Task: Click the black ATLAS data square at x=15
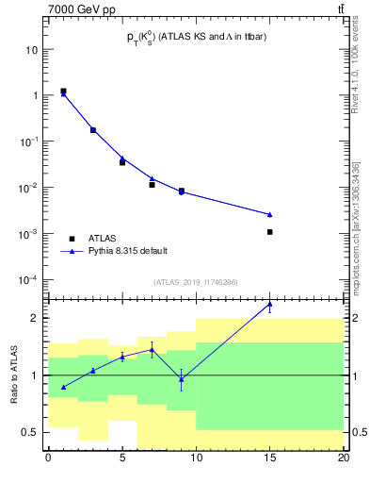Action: pyautogui.click(x=270, y=231)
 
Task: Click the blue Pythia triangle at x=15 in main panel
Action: pyautogui.click(x=270, y=214)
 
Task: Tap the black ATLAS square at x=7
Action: pyautogui.click(x=152, y=185)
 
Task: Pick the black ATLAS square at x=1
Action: pyautogui.click(x=63, y=92)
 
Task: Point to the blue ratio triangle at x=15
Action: pyautogui.click(x=270, y=305)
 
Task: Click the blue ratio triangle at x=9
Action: pyautogui.click(x=182, y=378)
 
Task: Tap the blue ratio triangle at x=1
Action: pyautogui.click(x=63, y=387)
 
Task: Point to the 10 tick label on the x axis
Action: pyautogui.click(x=196, y=457)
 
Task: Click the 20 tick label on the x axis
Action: pyautogui.click(x=344, y=457)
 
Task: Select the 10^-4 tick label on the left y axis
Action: pyautogui.click(x=28, y=280)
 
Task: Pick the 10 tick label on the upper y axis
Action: pyautogui.click(x=32, y=49)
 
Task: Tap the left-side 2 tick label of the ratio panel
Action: pyautogui.click(x=35, y=318)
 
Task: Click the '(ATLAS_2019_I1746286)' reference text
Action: pyautogui.click(x=195, y=282)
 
